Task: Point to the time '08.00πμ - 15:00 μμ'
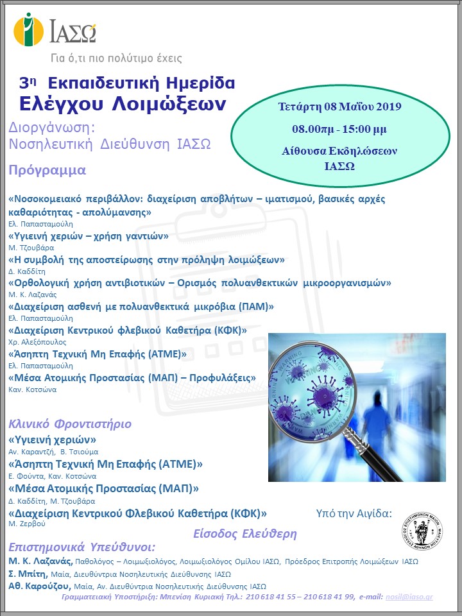(339, 129)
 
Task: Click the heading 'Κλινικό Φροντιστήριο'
(70, 424)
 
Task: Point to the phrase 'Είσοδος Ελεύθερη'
(244, 533)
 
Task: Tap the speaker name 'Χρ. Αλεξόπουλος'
(37, 342)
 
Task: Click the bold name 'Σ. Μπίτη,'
(28, 574)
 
